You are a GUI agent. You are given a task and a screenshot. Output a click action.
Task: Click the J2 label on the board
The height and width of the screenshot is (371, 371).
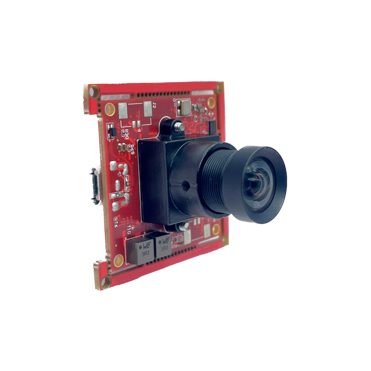click(x=154, y=106)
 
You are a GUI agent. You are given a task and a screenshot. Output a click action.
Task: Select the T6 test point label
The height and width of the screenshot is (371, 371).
click(x=115, y=222)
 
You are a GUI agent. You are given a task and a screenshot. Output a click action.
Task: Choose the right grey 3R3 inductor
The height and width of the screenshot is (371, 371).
click(x=163, y=245)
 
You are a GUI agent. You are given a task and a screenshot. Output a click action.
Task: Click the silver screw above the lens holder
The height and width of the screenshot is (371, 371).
click(x=178, y=125)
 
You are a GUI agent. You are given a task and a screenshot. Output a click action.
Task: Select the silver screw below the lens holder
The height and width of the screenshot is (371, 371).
click(x=183, y=225)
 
